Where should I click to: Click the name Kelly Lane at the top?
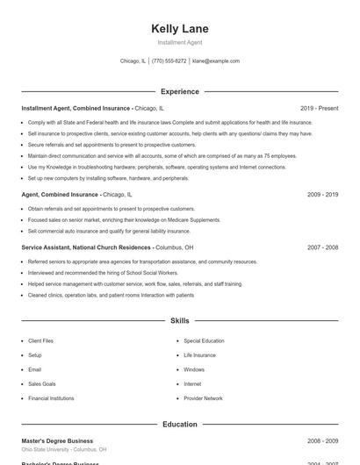point(180,29)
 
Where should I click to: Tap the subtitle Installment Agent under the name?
point(180,43)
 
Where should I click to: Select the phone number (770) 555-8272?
point(169,61)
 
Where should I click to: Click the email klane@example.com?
point(216,61)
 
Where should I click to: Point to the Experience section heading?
point(180,91)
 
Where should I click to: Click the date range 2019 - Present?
point(319,108)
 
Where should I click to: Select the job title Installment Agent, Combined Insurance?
point(77,108)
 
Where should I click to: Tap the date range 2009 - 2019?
point(322,195)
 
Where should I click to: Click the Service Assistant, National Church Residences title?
point(86,247)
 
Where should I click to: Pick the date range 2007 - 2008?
point(322,247)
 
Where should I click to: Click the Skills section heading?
point(180,321)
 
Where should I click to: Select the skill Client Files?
point(40,340)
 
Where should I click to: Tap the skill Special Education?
point(204,340)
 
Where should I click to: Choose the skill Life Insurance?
point(199,355)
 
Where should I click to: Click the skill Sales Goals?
point(42,384)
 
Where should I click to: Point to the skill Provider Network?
point(203,398)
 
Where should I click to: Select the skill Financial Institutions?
point(51,398)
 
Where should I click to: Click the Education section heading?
point(180,424)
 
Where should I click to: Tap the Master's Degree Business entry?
point(57,440)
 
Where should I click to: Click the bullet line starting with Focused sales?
point(124,220)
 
